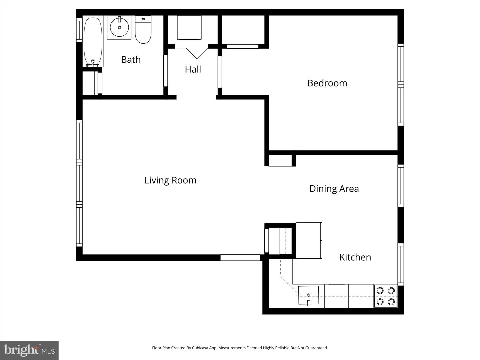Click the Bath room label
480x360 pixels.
point(131,60)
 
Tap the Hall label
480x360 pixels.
point(193,69)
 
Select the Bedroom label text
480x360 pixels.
point(327,83)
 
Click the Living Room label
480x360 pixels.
point(170,180)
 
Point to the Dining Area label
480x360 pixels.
point(334,189)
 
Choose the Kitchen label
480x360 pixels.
point(355,257)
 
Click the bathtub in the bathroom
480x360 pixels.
point(93,42)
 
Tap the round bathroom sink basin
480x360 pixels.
point(119,27)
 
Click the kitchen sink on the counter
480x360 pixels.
point(308,295)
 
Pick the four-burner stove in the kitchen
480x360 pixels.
point(385,296)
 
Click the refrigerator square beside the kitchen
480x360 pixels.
point(309,240)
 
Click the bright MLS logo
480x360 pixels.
point(29,350)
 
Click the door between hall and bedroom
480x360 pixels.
point(220,72)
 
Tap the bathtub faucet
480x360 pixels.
point(93,62)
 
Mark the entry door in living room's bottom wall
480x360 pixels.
point(240,258)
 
